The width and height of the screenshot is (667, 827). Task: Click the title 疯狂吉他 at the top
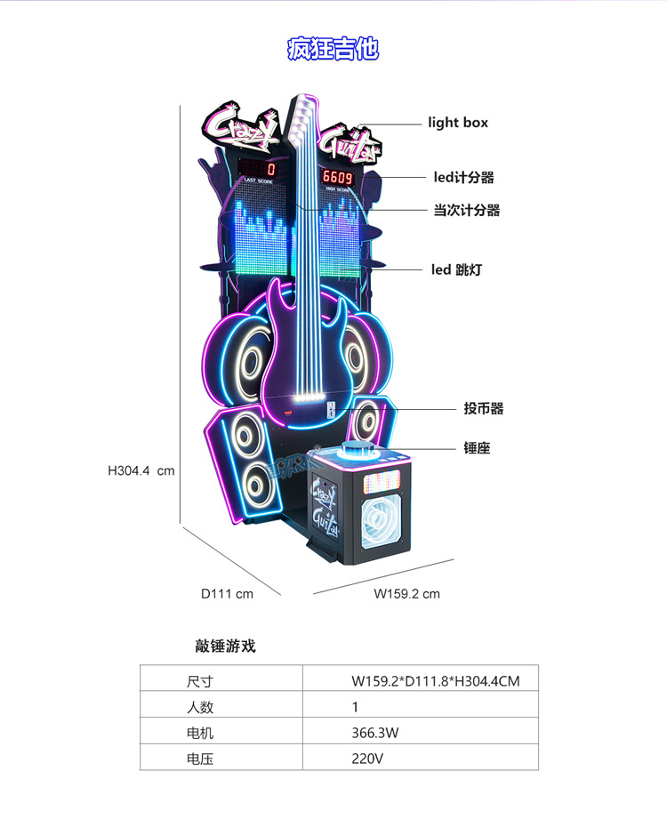[x=333, y=48]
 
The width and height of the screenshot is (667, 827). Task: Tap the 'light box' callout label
[x=458, y=123]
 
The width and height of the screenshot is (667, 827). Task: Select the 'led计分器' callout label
[x=463, y=178]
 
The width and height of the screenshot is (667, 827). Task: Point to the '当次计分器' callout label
[x=466, y=211]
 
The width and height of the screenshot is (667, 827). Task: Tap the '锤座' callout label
[x=477, y=448]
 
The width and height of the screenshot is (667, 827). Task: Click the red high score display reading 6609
[x=337, y=177]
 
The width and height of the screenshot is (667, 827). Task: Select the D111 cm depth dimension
[x=227, y=593]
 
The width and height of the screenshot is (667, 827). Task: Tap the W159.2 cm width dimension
[x=406, y=593]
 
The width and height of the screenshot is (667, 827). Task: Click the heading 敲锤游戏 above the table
[x=225, y=646]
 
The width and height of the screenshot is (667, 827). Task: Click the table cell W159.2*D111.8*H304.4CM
[x=435, y=682]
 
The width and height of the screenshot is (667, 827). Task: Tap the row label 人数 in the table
[x=200, y=708]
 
